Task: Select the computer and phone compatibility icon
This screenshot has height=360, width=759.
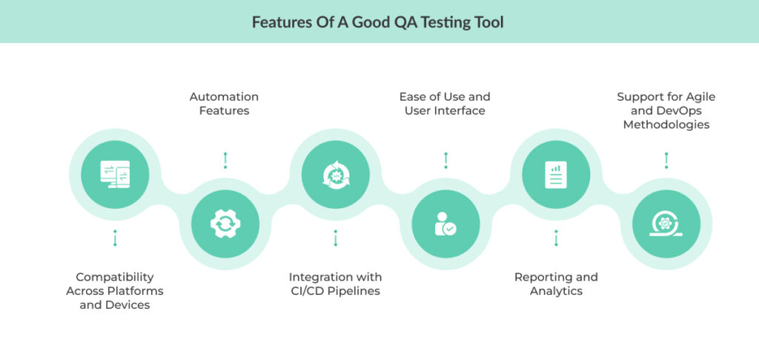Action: pos(115,174)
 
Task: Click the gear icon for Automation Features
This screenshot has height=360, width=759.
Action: pos(225,224)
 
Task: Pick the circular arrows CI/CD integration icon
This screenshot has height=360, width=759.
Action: pos(336,174)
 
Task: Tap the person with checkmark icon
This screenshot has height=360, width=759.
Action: pos(445,224)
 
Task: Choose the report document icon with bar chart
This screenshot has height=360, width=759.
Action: pos(556,175)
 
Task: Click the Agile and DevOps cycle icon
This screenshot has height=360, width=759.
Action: pos(666,224)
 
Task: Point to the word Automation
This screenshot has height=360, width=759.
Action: pos(224,97)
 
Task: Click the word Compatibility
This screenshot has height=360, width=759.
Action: pos(115,277)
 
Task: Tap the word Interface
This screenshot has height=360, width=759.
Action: pos(465,111)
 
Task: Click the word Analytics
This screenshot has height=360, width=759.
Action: pos(556,291)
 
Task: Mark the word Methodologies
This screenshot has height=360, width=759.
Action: pos(666,125)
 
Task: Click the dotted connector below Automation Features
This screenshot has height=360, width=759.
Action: pos(225,160)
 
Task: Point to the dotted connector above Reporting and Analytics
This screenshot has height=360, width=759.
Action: pos(556,238)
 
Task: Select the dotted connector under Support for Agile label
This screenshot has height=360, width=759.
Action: pos(666,160)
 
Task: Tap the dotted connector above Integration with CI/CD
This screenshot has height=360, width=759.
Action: pos(336,238)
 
